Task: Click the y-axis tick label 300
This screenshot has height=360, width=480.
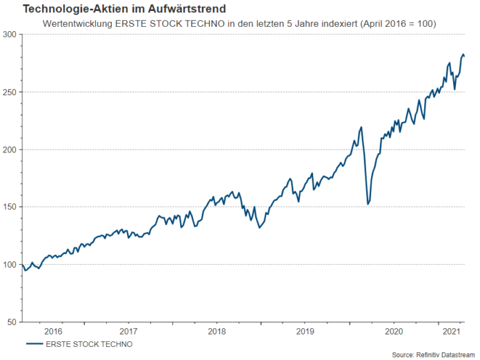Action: click(x=11, y=34)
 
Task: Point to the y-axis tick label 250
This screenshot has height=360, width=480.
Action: click(x=11, y=92)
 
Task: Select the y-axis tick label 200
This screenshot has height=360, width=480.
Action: click(x=11, y=149)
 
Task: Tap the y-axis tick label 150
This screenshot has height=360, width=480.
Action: click(x=11, y=207)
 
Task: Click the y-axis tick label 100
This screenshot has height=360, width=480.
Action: click(x=11, y=264)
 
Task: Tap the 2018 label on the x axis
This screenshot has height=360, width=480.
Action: click(x=217, y=332)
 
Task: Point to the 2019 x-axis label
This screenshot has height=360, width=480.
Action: click(x=305, y=332)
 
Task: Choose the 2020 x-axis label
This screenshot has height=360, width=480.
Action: click(x=393, y=332)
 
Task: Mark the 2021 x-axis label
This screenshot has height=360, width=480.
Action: click(x=451, y=332)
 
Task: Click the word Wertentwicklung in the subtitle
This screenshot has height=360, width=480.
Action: click(x=75, y=23)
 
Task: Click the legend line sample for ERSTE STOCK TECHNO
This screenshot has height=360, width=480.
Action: click(x=34, y=343)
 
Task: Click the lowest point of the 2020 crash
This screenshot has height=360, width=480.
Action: click(x=368, y=204)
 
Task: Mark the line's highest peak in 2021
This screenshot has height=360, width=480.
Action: click(x=463, y=54)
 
